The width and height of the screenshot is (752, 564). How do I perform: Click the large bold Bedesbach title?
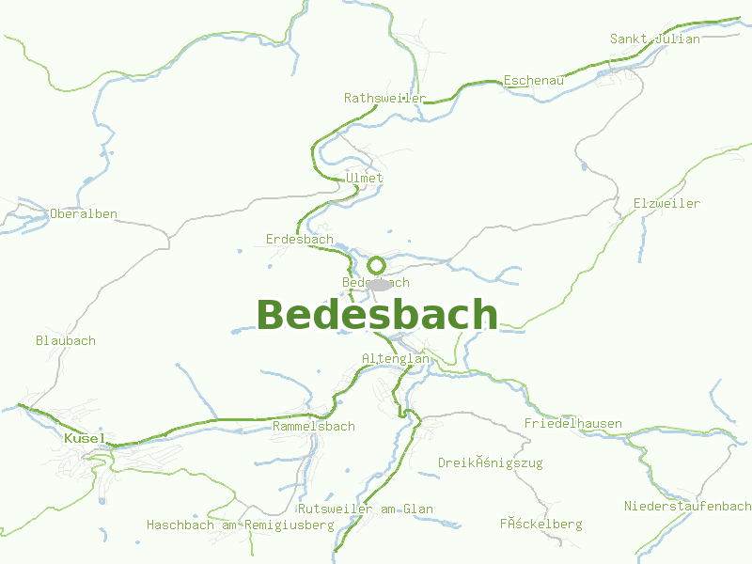377,315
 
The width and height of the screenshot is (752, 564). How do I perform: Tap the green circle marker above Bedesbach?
376,265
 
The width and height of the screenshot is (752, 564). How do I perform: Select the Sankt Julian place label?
655,39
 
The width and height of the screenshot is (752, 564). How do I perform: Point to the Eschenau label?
534,81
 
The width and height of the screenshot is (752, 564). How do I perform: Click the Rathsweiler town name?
384,98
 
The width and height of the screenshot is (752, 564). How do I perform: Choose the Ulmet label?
365,178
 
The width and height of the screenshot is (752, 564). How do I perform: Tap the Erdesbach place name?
300,240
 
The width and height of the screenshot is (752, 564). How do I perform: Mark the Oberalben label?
84,214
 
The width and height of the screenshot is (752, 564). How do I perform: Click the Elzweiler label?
666,204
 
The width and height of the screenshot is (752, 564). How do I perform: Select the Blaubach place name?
66,340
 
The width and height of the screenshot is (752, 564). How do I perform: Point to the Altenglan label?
396,359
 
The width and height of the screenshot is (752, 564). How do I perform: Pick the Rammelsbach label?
314,427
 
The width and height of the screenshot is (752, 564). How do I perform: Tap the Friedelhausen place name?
573,424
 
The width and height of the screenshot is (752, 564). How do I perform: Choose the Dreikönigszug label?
491,463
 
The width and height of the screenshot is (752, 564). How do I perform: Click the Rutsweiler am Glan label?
366,509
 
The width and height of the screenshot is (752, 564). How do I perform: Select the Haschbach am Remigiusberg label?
241,525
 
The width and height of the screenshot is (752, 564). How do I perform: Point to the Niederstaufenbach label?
688,507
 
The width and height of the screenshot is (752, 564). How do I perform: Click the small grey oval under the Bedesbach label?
379,284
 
